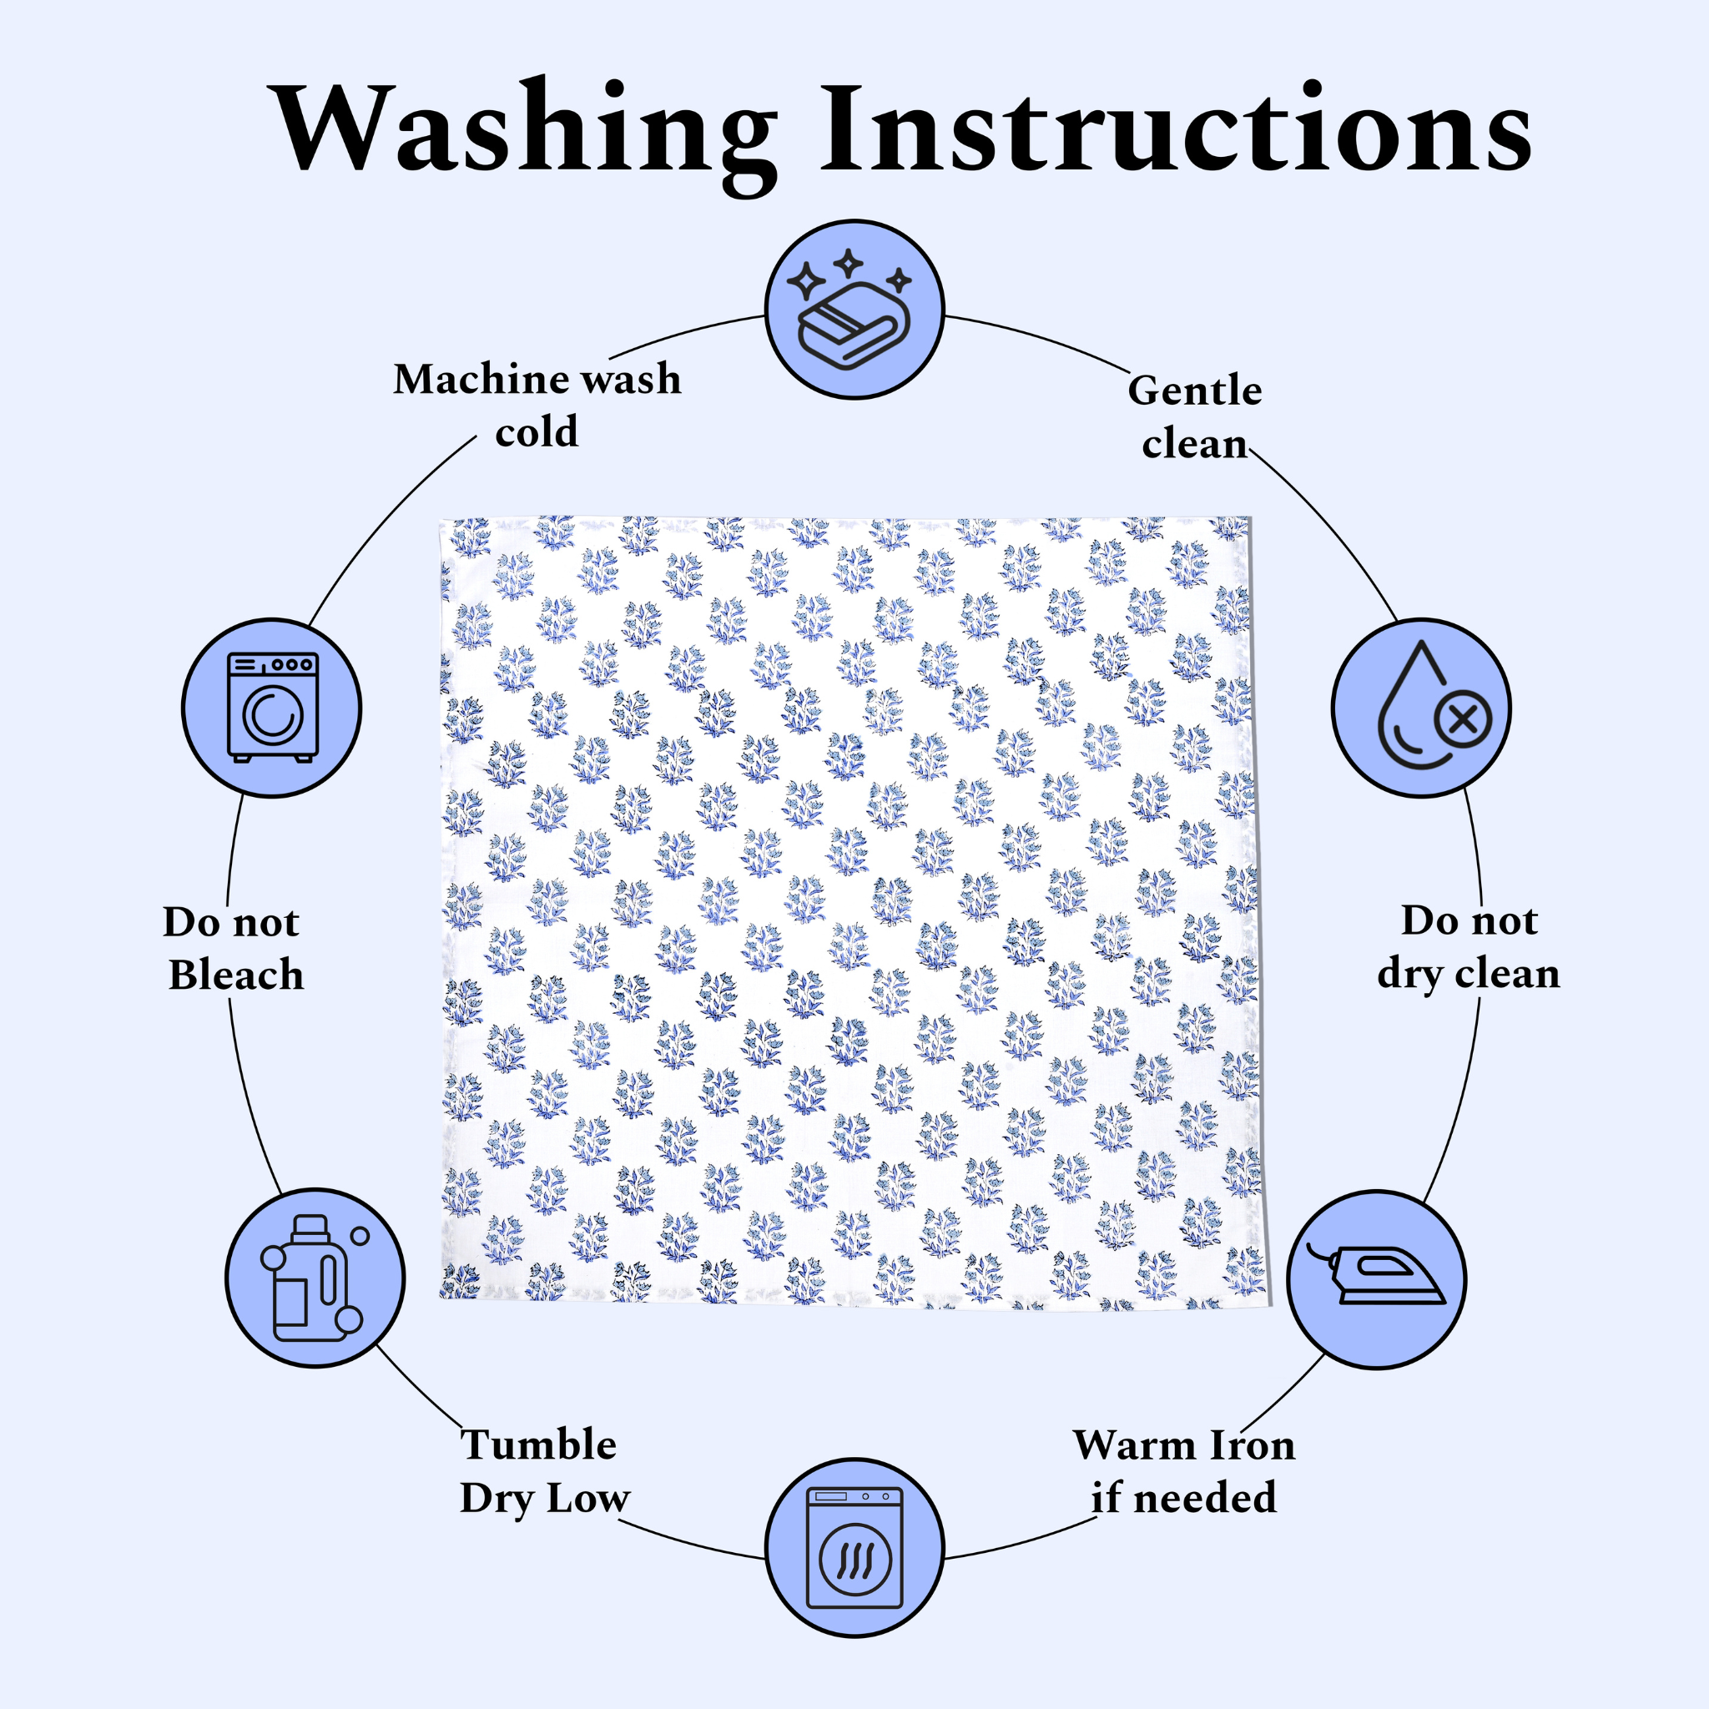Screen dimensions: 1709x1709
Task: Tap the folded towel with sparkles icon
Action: pos(854,310)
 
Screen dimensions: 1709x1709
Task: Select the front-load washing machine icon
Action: pos(271,708)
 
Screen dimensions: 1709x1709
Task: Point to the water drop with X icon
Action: pos(1421,708)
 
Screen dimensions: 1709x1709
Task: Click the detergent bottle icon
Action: pos(315,1278)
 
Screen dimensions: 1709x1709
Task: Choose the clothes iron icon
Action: pos(1376,1279)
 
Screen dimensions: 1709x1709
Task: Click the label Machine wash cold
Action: pos(537,405)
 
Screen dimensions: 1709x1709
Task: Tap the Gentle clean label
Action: pos(1194,416)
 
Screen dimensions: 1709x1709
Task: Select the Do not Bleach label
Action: pos(234,948)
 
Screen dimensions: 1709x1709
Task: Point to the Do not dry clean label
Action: pos(1469,947)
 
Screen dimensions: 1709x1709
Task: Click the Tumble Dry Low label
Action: pos(542,1471)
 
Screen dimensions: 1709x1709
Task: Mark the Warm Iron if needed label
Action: pos(1183,1471)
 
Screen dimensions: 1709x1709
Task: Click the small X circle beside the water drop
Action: pos(1464,719)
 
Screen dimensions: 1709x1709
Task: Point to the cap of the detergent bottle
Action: pos(310,1225)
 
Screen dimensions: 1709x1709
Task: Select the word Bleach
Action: pos(236,975)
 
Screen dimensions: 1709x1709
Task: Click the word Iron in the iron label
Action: pos(1251,1445)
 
